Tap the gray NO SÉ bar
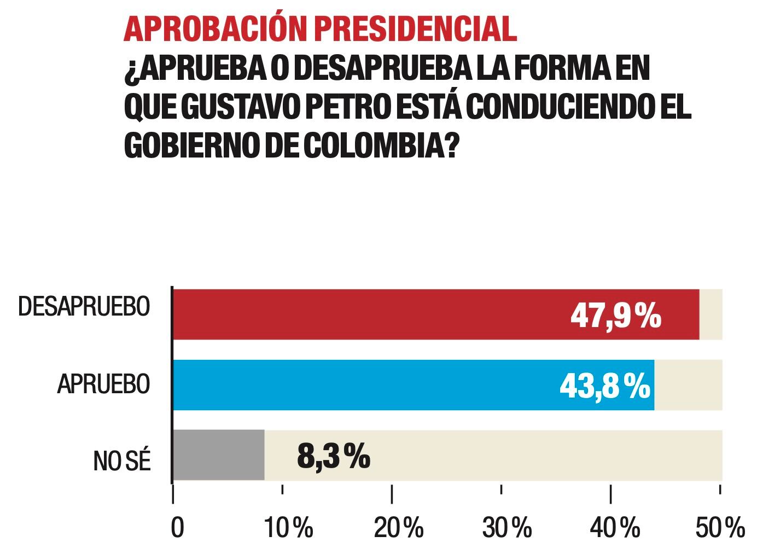coord(219,455)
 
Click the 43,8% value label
coord(605,386)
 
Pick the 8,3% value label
coord(334,456)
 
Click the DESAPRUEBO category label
coord(84,307)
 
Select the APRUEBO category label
coord(103,384)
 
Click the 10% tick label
coord(289,527)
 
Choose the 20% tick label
coord(399,527)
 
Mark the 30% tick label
coord(507,527)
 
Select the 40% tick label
coord(615,527)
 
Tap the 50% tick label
coord(720,527)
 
